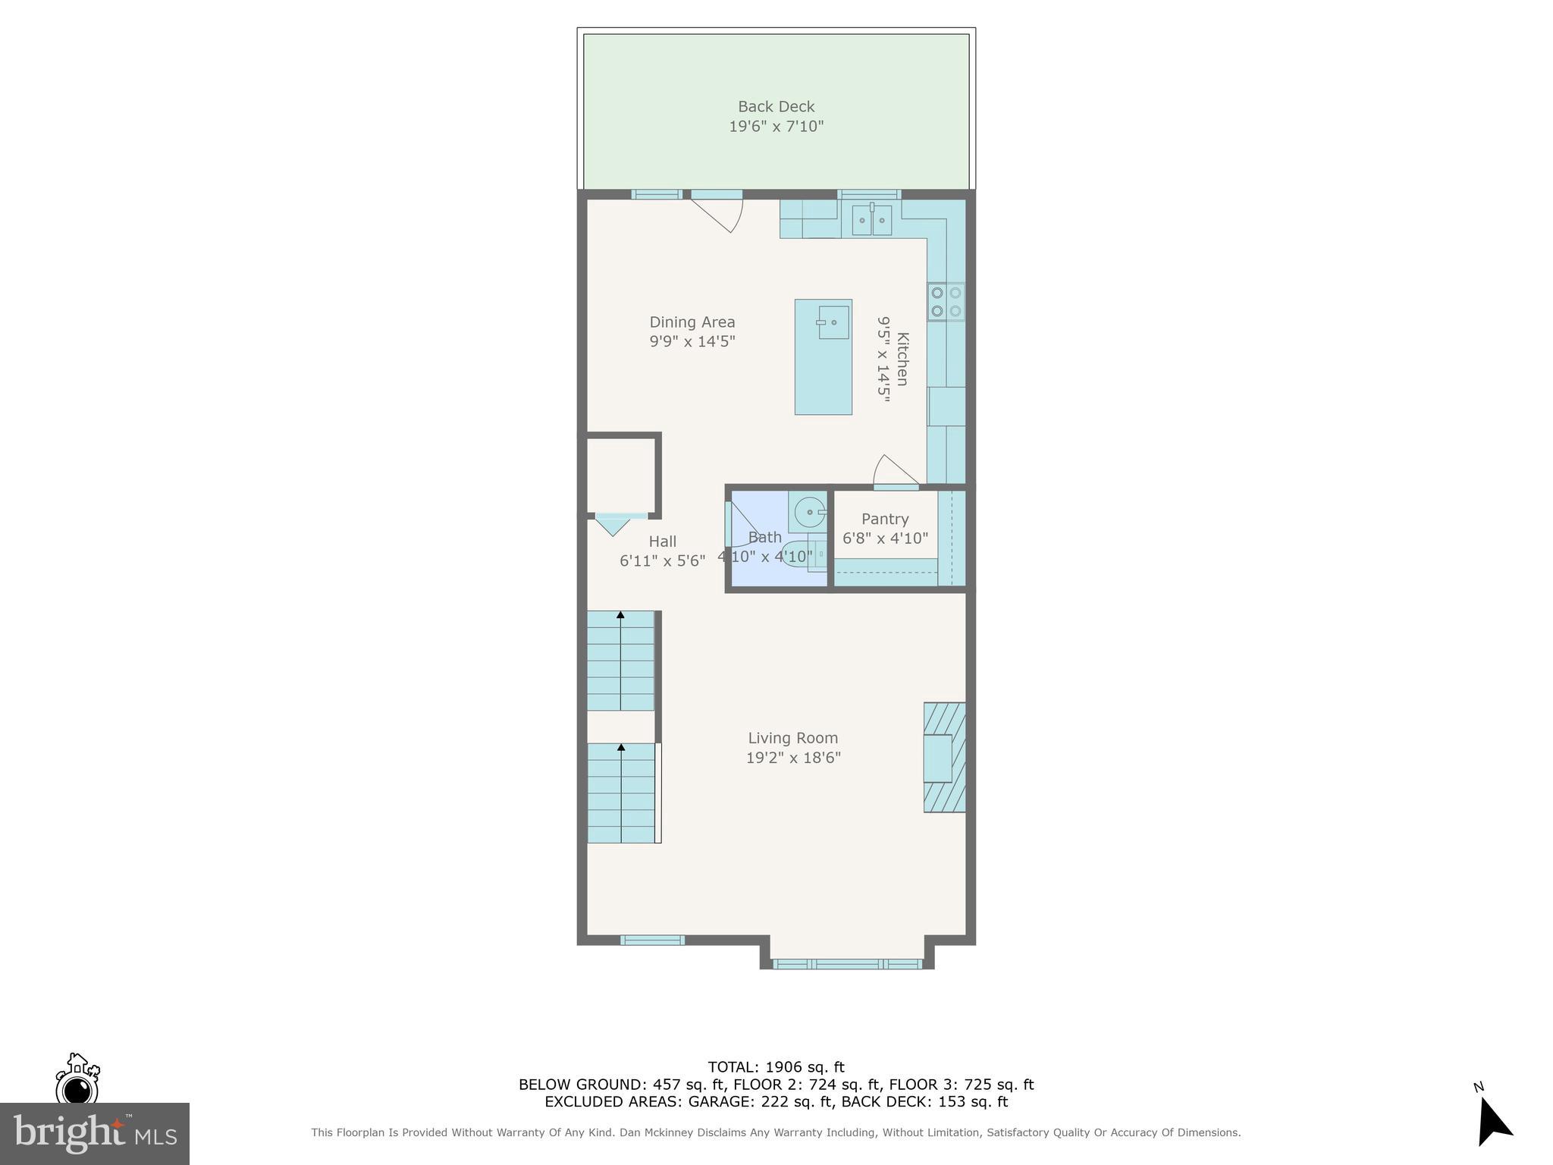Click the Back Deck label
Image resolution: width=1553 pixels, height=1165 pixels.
point(776,107)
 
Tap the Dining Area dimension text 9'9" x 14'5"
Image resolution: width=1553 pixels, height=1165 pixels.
point(692,342)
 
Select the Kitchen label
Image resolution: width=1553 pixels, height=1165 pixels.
point(902,359)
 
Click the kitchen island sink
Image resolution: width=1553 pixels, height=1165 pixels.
point(833,322)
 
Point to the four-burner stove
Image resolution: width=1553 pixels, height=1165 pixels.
point(946,301)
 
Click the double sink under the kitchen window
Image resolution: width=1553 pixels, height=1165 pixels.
point(871,220)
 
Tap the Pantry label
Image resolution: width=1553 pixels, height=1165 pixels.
point(884,520)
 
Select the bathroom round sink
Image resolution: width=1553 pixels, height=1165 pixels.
point(809,512)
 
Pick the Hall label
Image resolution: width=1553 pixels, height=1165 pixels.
point(662,542)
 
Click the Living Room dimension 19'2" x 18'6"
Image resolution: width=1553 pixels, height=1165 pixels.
point(793,758)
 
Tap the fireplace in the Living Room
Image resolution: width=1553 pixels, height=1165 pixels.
point(944,758)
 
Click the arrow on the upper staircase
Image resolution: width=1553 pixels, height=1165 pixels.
point(620,615)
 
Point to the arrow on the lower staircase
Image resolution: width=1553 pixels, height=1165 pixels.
point(621,748)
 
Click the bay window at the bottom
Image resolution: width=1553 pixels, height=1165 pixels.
point(847,964)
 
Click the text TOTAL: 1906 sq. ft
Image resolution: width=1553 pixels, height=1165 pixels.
point(776,1067)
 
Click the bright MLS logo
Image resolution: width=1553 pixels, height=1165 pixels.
point(94,1133)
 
